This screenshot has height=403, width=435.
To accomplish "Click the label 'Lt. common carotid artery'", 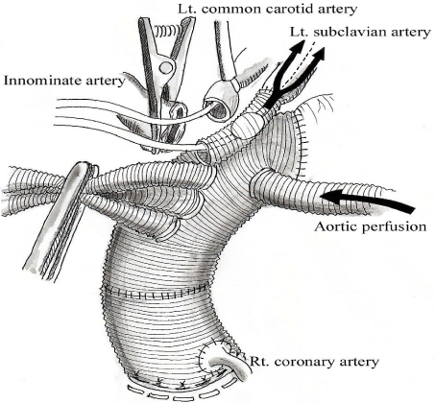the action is point(267,9).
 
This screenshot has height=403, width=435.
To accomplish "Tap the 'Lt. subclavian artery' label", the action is point(360,33).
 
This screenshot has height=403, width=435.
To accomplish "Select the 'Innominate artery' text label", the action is point(64,81).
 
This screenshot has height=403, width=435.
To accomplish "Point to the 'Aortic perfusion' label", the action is point(371,226).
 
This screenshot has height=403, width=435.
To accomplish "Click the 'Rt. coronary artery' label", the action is point(314,362).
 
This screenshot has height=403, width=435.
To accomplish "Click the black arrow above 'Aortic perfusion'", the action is point(367,201).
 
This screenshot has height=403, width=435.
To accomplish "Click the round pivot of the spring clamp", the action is point(166,67).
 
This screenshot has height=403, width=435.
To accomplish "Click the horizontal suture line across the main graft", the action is point(157,292).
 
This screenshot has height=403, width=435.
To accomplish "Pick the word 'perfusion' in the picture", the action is point(396,226).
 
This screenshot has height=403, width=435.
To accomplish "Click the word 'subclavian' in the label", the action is point(353,33).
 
